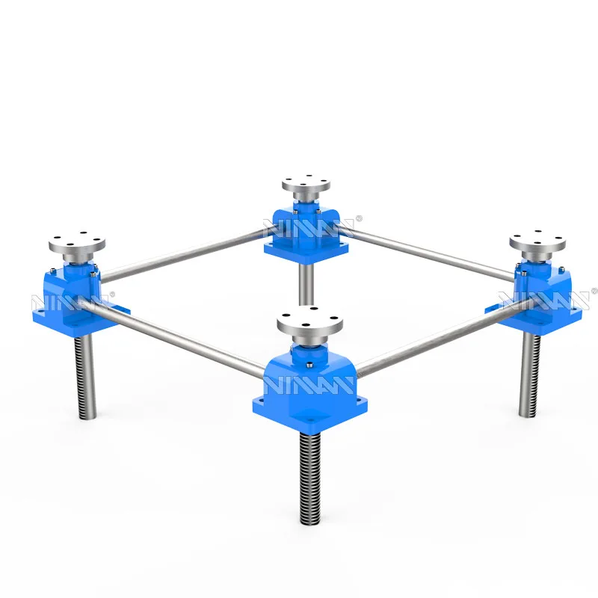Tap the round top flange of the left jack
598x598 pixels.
point(77,244)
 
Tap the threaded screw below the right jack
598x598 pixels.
point(529,374)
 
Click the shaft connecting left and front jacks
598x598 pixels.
point(179,340)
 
